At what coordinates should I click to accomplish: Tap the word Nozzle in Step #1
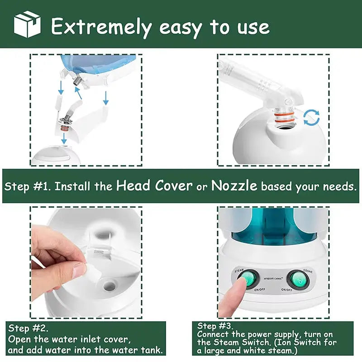(234, 186)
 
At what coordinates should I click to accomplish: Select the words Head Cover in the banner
(154, 186)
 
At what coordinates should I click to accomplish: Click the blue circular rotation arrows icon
(311, 118)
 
